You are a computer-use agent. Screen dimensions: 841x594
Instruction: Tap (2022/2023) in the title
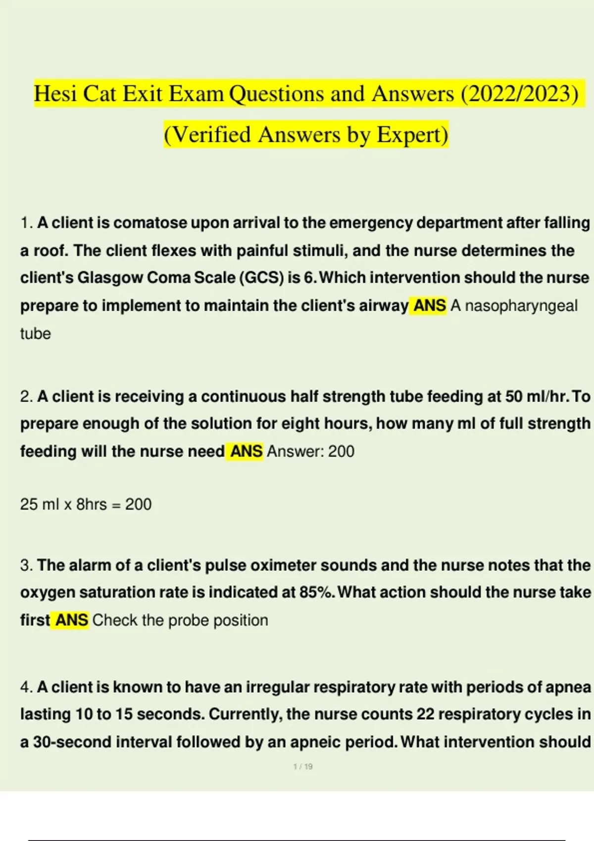519,93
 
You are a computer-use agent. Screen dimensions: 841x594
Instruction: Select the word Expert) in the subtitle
412,135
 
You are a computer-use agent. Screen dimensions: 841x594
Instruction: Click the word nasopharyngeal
521,306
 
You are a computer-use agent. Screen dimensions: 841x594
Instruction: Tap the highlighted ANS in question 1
429,306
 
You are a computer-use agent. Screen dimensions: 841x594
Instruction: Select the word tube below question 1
35,333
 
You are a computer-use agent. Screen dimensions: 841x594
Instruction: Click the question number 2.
26,397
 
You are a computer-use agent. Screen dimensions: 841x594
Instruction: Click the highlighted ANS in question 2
246,451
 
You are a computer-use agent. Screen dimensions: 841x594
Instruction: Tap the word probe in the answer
189,620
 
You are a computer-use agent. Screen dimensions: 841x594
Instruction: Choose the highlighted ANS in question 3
72,620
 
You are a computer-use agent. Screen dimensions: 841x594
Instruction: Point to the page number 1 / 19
303,766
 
